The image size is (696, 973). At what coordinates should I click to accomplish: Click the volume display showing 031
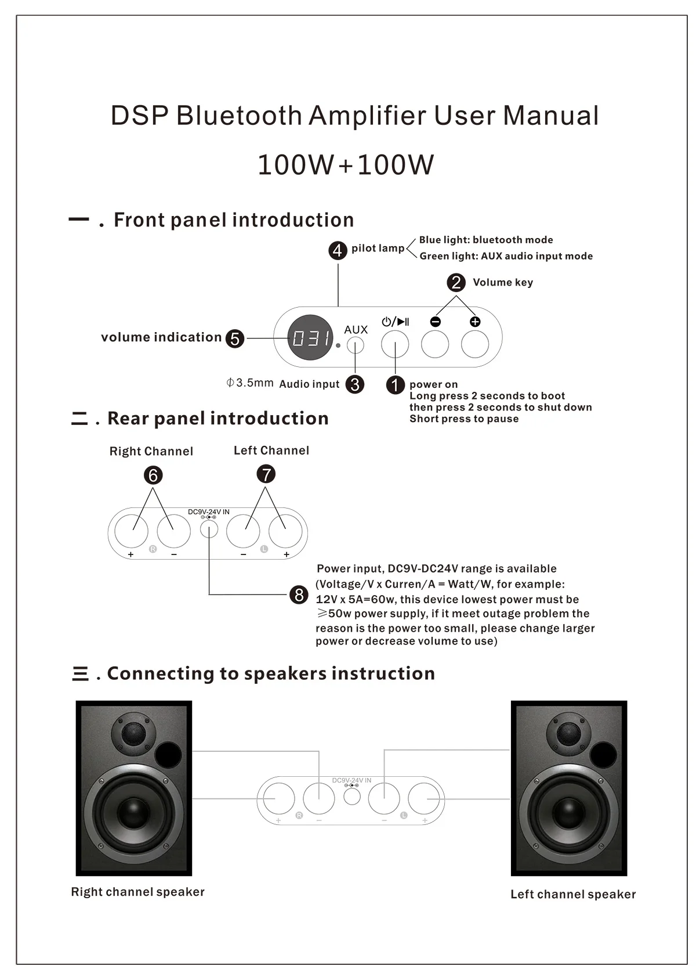[310, 338]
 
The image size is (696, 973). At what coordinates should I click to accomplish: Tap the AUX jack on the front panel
[356, 345]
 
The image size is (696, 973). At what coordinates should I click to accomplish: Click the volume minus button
[435, 344]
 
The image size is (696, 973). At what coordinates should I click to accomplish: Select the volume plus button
[475, 344]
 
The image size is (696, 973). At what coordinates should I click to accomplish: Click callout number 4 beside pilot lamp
[338, 251]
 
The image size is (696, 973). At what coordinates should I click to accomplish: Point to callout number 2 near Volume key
[456, 283]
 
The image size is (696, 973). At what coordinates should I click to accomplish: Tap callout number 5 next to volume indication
[234, 338]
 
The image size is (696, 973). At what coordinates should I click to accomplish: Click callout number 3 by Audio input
[354, 384]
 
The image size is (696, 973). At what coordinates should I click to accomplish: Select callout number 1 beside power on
[395, 385]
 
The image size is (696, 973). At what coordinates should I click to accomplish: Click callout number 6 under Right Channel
[153, 475]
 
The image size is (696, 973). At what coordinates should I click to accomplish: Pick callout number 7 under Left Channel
[266, 474]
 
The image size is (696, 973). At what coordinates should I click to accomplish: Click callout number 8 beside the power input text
[299, 594]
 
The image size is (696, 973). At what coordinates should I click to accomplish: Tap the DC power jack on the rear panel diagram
[209, 529]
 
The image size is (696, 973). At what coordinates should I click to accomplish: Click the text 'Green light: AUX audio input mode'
[506, 256]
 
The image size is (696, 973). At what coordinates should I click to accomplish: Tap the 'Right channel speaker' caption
[137, 892]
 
